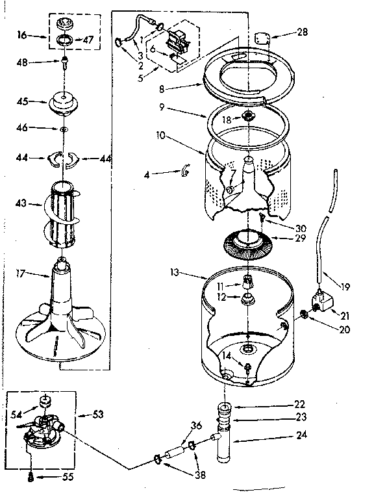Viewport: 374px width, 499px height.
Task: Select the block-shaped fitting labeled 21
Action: coord(321,301)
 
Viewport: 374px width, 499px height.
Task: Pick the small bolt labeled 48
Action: coord(66,64)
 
